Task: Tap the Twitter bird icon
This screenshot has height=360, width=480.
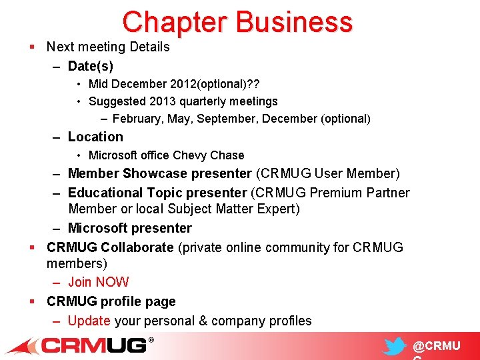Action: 395,346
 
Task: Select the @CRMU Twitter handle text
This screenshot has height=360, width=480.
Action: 436,346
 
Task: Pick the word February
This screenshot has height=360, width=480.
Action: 137,119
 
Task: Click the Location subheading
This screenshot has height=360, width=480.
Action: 95,137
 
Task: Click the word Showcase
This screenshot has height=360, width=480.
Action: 155,174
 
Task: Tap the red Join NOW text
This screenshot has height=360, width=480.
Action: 98,282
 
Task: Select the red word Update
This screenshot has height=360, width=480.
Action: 89,321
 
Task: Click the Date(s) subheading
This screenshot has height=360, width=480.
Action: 91,66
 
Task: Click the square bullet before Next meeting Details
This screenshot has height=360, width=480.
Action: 32,47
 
